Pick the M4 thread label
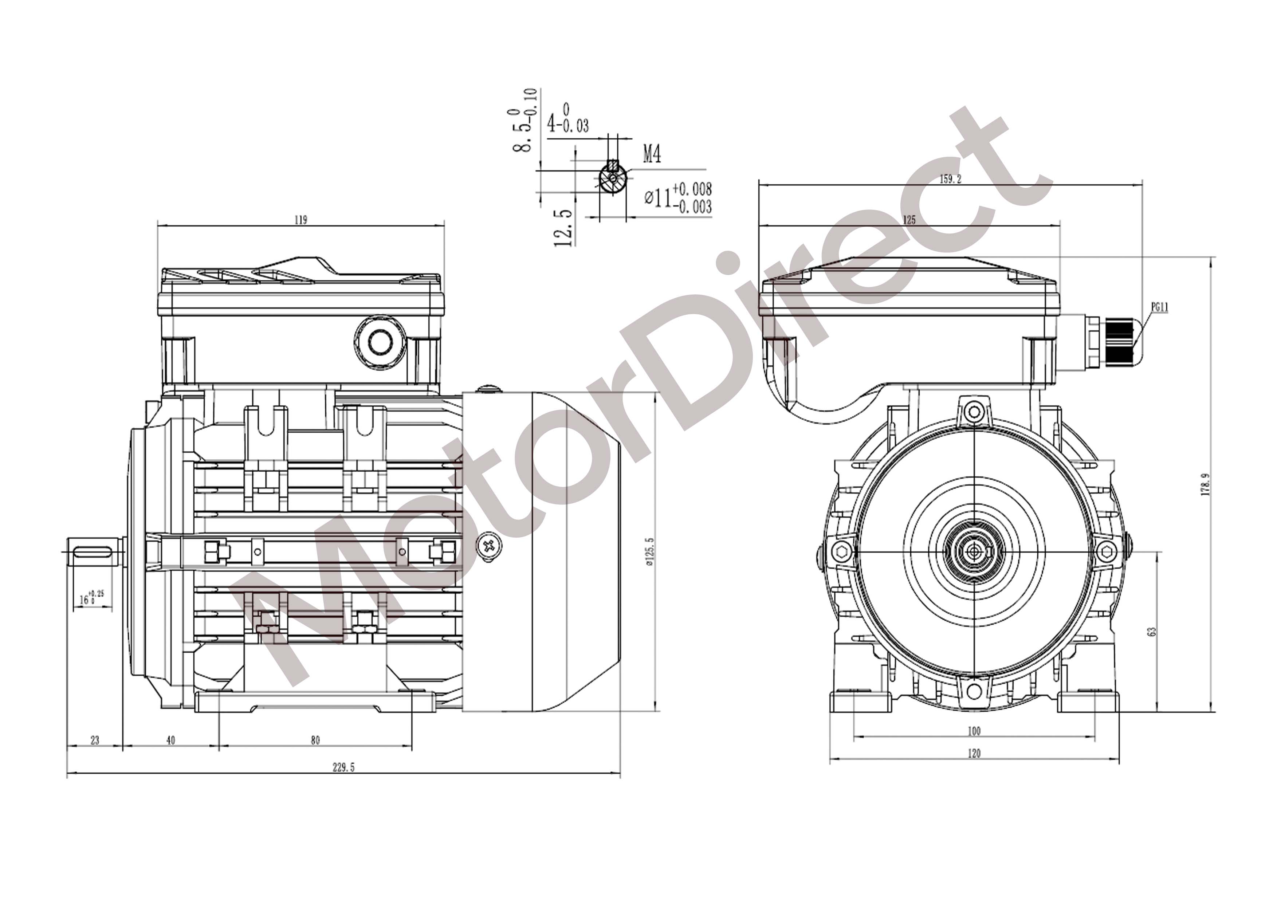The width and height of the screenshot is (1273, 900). point(652,154)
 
